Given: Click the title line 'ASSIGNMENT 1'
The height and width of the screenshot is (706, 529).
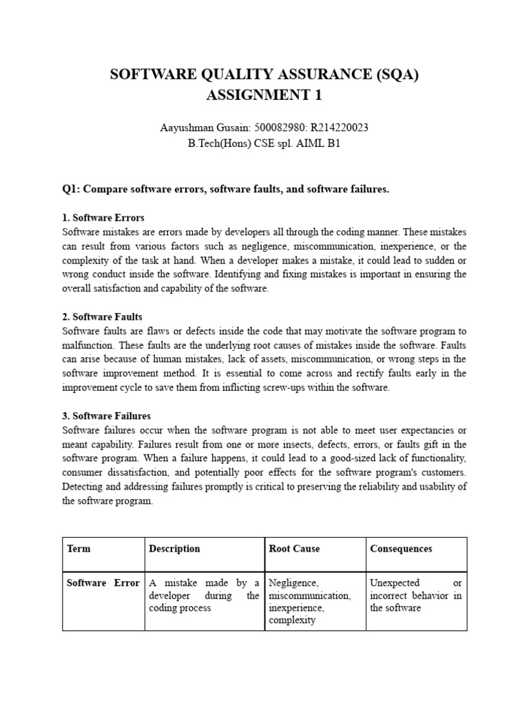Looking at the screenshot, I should click(x=264, y=96).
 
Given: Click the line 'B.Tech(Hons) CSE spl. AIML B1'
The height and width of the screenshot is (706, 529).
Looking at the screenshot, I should click(x=264, y=144).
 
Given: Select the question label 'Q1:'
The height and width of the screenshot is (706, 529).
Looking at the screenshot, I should click(x=72, y=189).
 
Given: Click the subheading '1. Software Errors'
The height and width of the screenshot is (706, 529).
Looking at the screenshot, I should click(x=103, y=218).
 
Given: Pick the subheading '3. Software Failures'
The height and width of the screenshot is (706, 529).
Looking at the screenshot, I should click(x=106, y=416).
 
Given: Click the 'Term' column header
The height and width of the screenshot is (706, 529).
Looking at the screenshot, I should click(x=79, y=549).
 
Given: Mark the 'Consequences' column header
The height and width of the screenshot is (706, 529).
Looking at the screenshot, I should click(x=401, y=549).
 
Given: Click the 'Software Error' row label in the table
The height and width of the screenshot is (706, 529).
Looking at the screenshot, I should click(x=103, y=583).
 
